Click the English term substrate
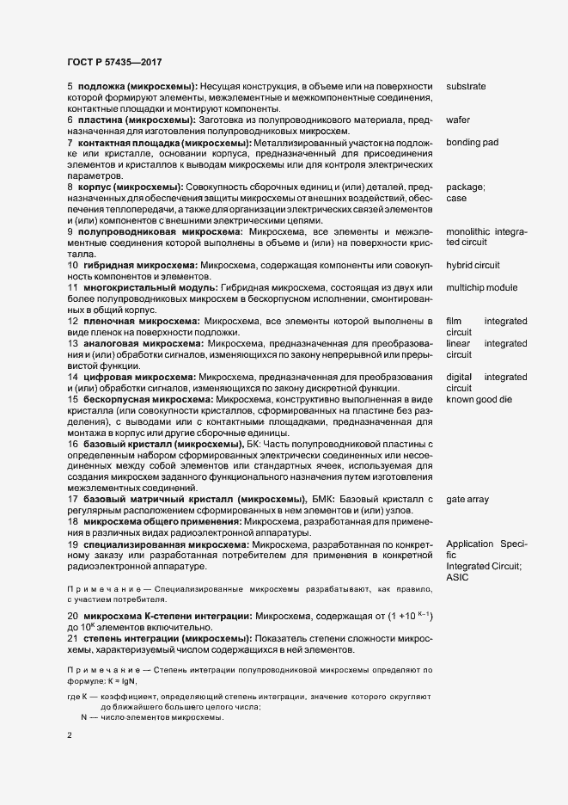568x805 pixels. [x=466, y=87]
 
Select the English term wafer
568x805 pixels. [x=457, y=120]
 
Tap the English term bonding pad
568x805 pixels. [x=473, y=142]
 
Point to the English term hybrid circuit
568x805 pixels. [x=473, y=265]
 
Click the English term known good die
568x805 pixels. [x=479, y=376]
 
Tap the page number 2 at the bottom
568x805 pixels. [x=70, y=736]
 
